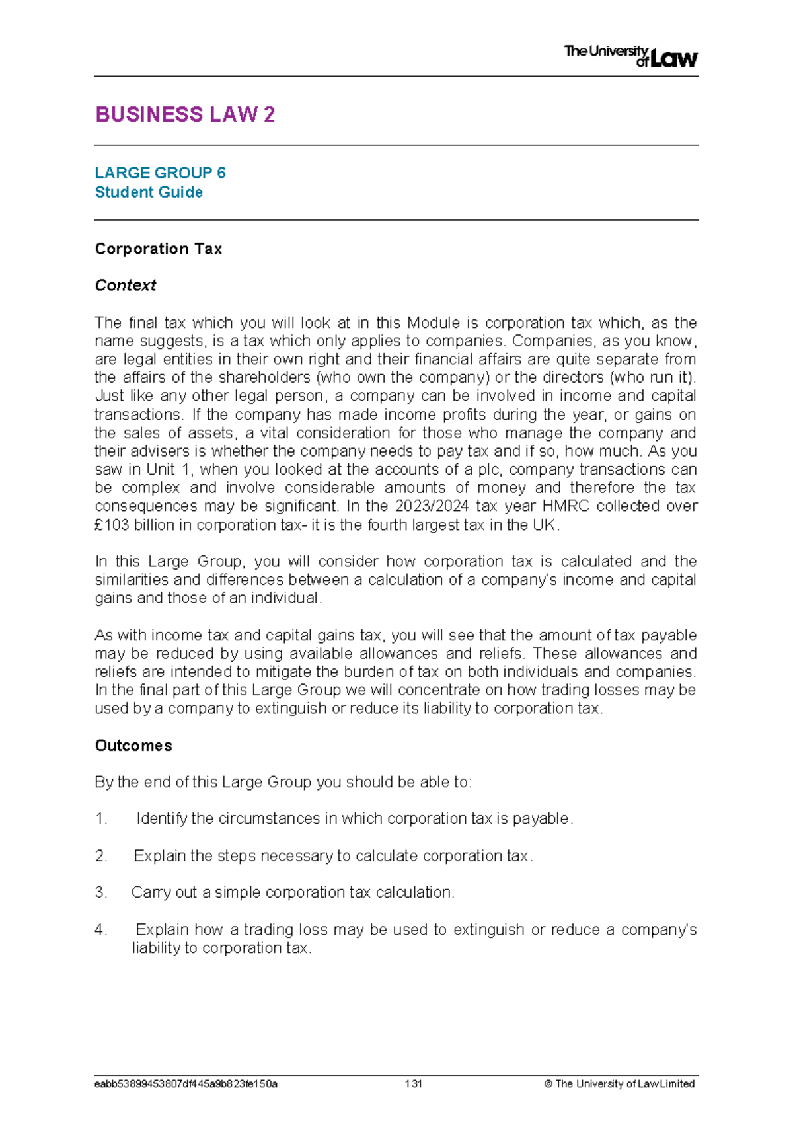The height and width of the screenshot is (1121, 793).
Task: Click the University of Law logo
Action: click(630, 56)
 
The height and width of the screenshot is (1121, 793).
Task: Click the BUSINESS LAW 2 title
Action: click(185, 115)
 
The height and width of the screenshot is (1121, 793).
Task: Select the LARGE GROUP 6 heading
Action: click(160, 173)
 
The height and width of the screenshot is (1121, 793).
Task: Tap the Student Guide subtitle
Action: click(149, 192)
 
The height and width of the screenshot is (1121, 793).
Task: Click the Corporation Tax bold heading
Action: click(159, 249)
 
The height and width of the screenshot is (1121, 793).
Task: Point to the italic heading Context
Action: click(126, 286)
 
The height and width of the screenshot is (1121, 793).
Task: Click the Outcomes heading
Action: click(133, 746)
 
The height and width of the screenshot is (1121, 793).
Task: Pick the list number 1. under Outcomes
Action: click(101, 819)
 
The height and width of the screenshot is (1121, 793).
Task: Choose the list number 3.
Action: click(101, 893)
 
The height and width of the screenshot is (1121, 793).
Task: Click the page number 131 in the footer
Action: click(414, 1084)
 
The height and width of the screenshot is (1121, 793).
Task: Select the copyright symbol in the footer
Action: click(548, 1084)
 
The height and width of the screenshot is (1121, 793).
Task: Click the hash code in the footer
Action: click(186, 1084)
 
